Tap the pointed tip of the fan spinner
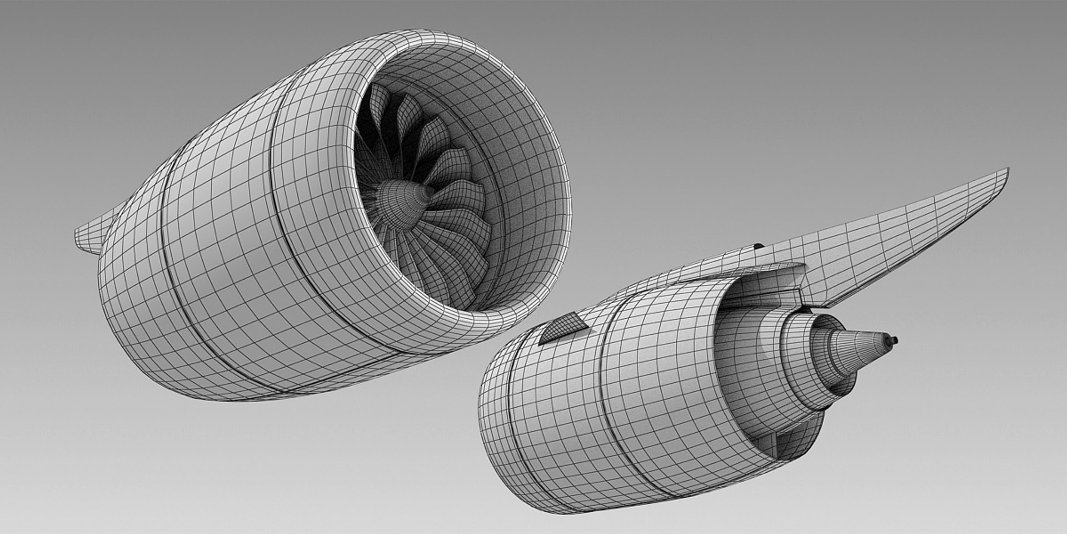[429, 191]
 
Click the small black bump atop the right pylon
[757, 245]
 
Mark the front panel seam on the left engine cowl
[283, 189]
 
